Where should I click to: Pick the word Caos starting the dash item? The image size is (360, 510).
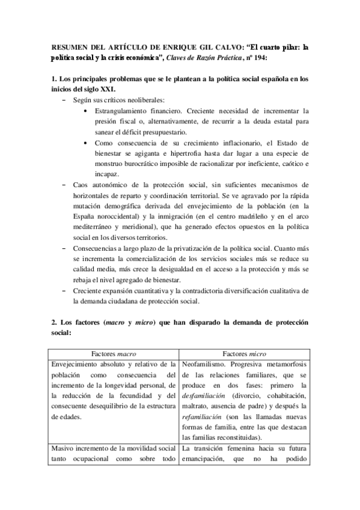[x=81, y=187]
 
